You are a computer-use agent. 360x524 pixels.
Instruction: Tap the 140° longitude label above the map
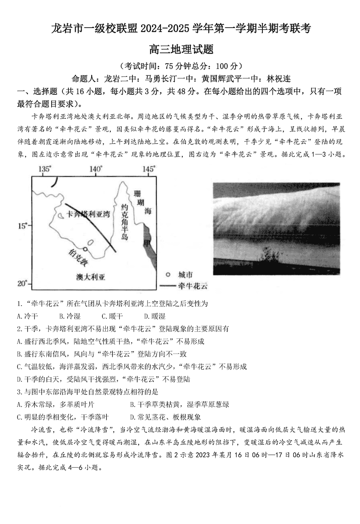(x=96, y=169)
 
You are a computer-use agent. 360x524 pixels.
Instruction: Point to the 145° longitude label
(x=148, y=169)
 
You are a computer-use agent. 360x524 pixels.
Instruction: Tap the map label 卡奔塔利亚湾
(x=88, y=214)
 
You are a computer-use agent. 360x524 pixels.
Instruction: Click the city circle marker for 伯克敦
(x=85, y=248)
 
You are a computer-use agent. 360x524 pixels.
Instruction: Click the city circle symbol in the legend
(x=168, y=275)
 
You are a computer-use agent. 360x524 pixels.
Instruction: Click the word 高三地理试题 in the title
(x=180, y=50)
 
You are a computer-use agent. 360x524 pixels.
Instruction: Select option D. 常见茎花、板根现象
(x=166, y=417)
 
